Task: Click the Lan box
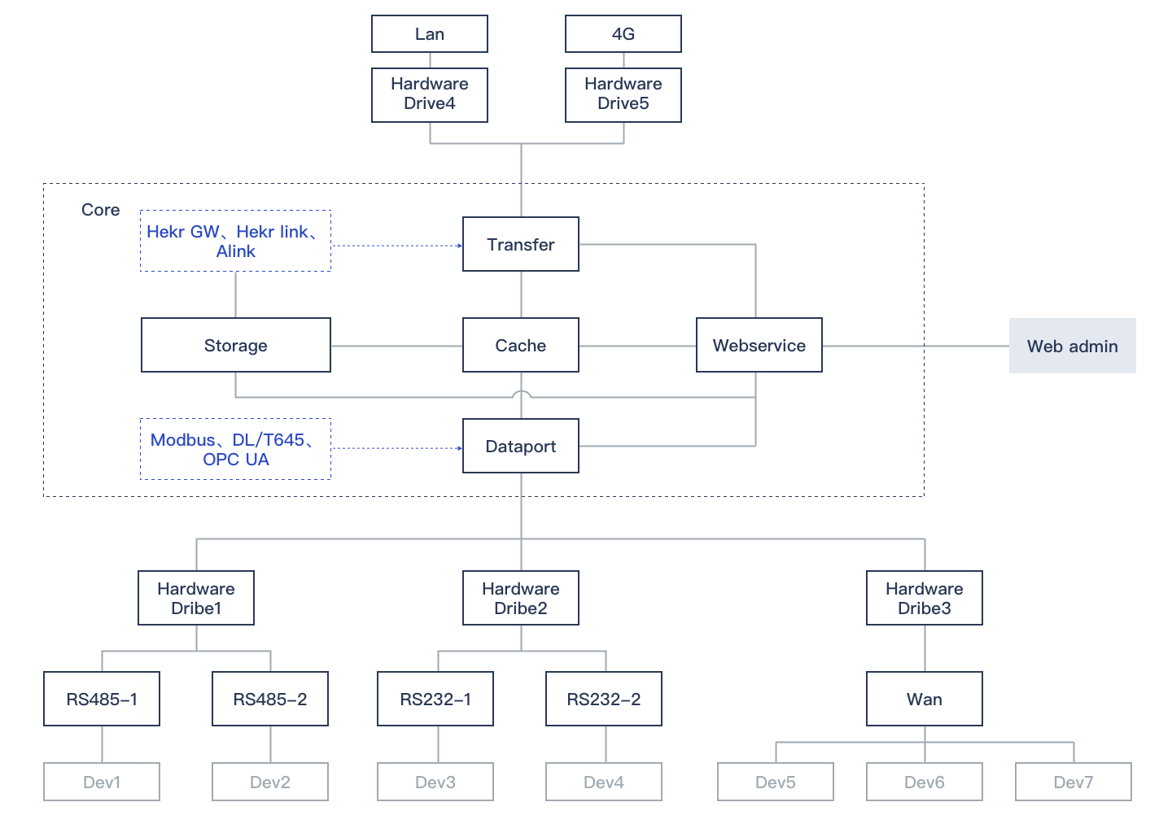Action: pyautogui.click(x=430, y=34)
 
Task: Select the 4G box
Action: pyautogui.click(x=623, y=34)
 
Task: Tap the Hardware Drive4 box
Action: pyautogui.click(x=430, y=94)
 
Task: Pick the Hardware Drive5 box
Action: pyautogui.click(x=623, y=94)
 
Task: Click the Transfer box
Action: pyautogui.click(x=521, y=244)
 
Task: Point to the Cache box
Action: pyautogui.click(x=521, y=345)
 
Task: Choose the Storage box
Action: pyautogui.click(x=236, y=345)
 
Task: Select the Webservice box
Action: pyautogui.click(x=759, y=345)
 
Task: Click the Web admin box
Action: pyautogui.click(x=1073, y=346)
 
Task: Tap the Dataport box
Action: pyautogui.click(x=521, y=446)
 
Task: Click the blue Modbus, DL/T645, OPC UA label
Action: pyautogui.click(x=235, y=449)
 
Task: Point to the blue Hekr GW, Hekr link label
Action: pyautogui.click(x=235, y=241)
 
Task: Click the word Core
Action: pyautogui.click(x=101, y=210)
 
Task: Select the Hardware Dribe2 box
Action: pyautogui.click(x=521, y=598)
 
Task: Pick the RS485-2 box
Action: pyautogui.click(x=270, y=699)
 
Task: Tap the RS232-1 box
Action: pyautogui.click(x=435, y=699)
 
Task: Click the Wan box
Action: pyautogui.click(x=925, y=699)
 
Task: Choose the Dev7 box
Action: pyautogui.click(x=1074, y=782)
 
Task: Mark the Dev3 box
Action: pyautogui.click(x=435, y=782)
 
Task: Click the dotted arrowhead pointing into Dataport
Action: pyautogui.click(x=459, y=448)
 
